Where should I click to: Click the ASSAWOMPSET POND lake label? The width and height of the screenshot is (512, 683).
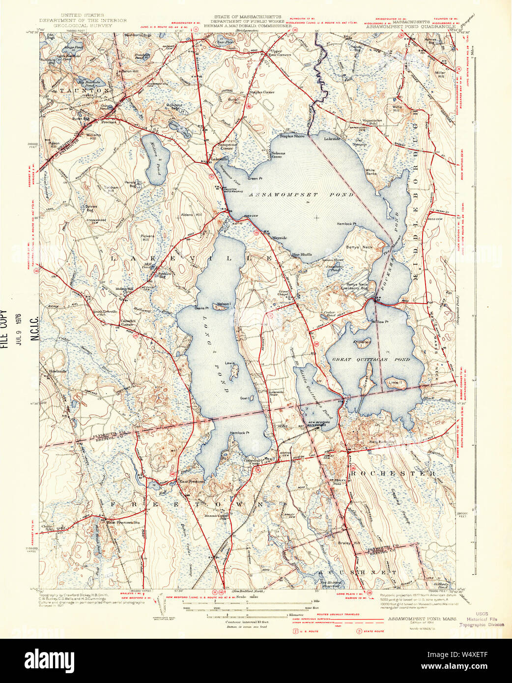point(301,195)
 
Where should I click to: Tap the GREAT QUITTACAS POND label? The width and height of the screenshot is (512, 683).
point(371,360)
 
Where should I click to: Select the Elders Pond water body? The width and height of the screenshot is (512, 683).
point(156,160)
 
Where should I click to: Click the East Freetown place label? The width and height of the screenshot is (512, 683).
point(191,482)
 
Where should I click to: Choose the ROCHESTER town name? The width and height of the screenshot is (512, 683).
point(392,473)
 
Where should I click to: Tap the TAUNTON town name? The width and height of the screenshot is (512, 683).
point(85,91)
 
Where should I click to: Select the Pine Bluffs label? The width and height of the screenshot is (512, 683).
point(301,255)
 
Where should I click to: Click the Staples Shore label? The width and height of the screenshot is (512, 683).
point(292,136)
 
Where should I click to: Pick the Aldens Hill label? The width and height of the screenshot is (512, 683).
point(191,215)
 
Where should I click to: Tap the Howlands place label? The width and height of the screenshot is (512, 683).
point(57,371)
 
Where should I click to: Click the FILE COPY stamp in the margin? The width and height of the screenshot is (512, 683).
point(4,329)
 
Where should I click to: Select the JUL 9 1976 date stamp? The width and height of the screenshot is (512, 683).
point(19,329)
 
